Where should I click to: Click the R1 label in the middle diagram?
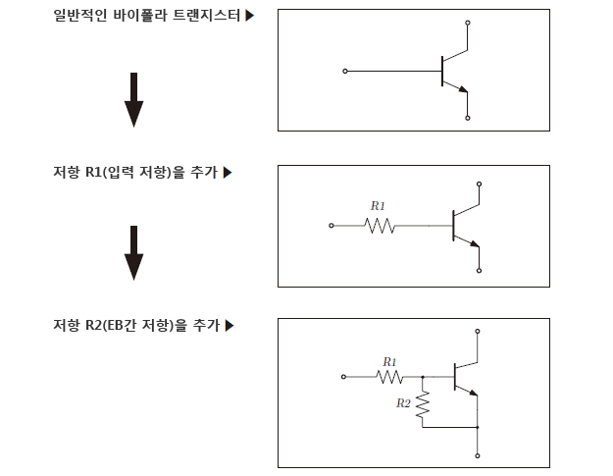378,206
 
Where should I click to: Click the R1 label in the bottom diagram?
389,361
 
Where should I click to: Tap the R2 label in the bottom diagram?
403,403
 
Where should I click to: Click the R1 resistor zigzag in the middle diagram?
379,226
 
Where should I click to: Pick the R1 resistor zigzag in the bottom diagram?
389,376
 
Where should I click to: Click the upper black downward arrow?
134,99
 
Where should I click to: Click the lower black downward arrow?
134,252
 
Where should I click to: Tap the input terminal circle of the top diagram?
344,71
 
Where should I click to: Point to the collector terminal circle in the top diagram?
468,22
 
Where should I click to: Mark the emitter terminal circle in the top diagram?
468,118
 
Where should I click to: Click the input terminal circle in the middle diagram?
332,226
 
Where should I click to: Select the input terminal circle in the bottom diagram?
344,376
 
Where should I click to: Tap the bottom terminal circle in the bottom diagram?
478,456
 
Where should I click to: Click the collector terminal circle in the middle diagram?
479,183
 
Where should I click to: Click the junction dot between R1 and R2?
423,376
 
